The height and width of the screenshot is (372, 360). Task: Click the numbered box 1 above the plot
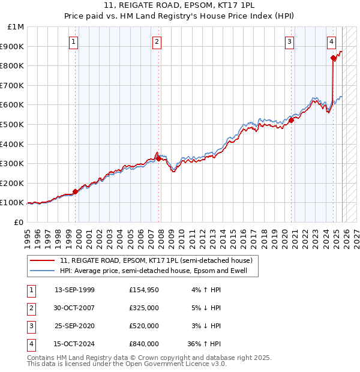[73, 41]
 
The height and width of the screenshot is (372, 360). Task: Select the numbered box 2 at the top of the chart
[157, 41]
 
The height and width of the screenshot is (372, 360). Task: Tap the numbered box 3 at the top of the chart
[289, 41]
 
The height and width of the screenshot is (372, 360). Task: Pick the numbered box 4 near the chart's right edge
[331, 41]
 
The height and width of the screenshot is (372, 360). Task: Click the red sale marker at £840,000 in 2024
[334, 58]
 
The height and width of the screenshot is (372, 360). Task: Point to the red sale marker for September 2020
[291, 120]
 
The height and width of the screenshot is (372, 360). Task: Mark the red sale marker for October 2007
[158, 158]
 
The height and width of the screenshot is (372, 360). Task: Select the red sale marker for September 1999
[75, 192]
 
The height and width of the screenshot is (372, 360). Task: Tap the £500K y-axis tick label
[13, 124]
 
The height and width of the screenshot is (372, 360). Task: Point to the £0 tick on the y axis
[19, 222]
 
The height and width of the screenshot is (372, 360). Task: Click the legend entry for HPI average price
[158, 271]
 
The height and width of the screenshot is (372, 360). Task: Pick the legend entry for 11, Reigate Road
[160, 260]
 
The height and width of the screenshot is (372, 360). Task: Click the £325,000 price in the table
[144, 308]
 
